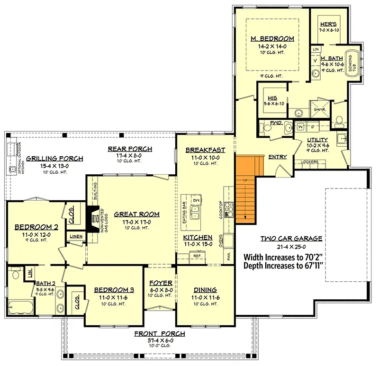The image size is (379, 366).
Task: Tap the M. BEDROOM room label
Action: pyautogui.click(x=272, y=39)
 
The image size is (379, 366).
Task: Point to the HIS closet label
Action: pyautogui.click(x=272, y=98)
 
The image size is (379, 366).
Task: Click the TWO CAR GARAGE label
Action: pyautogui.click(x=291, y=239)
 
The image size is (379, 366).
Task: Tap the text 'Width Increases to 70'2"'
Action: pyautogui.click(x=290, y=257)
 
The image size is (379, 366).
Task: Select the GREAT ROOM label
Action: pyautogui.click(x=130, y=214)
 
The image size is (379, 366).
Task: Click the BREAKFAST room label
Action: pyautogui.click(x=205, y=150)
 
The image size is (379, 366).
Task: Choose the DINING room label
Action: pyautogui.click(x=205, y=290)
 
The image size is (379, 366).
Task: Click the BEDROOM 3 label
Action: pyautogui.click(x=114, y=290)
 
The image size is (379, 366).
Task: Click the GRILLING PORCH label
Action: pyautogui.click(x=54, y=158)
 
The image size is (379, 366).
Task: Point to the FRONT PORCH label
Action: pyautogui.click(x=159, y=334)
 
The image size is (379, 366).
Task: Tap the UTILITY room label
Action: pyautogui.click(x=317, y=139)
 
